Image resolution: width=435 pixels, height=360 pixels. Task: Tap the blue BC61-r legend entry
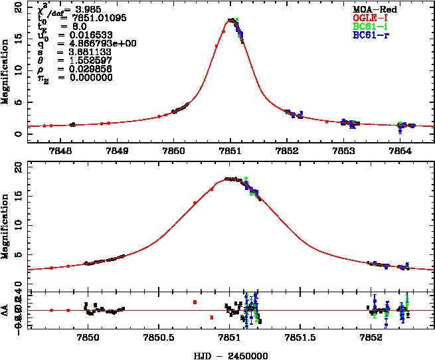[x=373, y=34]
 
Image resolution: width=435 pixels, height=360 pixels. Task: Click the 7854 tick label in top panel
[x=400, y=151]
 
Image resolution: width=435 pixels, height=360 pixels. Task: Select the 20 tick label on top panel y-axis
[x=19, y=6]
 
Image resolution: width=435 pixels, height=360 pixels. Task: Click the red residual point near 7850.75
[x=195, y=302]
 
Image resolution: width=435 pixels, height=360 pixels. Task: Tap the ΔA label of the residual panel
[x=6, y=310]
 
